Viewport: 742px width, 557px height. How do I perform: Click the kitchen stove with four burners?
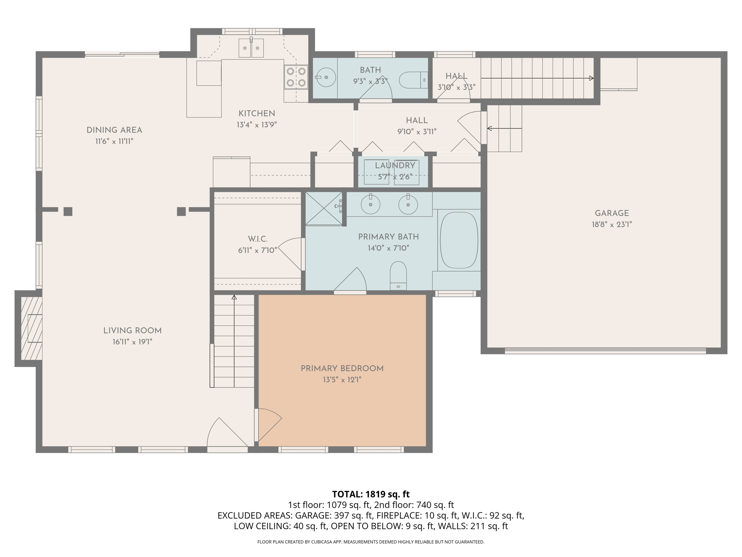pyautogui.click(x=296, y=77)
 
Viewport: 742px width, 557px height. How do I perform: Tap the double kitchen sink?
pyautogui.click(x=251, y=48)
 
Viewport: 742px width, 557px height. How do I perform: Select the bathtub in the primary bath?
pyautogui.click(x=459, y=240)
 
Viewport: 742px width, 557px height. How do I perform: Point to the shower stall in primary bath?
pyautogui.click(x=324, y=208)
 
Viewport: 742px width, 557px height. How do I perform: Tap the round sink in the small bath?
pyautogui.click(x=326, y=77)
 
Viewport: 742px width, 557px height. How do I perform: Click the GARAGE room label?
pyautogui.click(x=612, y=213)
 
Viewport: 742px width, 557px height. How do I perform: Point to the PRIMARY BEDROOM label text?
pyautogui.click(x=342, y=368)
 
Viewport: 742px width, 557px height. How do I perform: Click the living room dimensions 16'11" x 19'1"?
pyautogui.click(x=132, y=342)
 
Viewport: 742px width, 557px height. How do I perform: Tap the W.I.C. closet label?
pyautogui.click(x=258, y=239)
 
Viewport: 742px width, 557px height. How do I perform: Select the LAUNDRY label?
pyautogui.click(x=395, y=166)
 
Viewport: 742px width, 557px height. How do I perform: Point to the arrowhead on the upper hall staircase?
pyautogui.click(x=591, y=78)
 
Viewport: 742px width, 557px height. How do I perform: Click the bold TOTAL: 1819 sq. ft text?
pyautogui.click(x=371, y=494)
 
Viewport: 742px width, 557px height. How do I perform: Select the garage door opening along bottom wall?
pyautogui.click(x=605, y=351)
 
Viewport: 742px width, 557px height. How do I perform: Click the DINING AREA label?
pyautogui.click(x=114, y=130)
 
